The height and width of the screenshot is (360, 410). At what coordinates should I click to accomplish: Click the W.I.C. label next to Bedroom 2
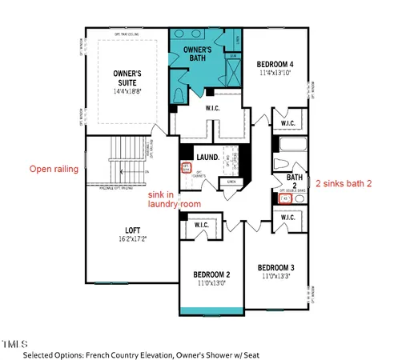click(202, 226)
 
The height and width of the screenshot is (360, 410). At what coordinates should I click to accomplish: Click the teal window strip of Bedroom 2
click(211, 311)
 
